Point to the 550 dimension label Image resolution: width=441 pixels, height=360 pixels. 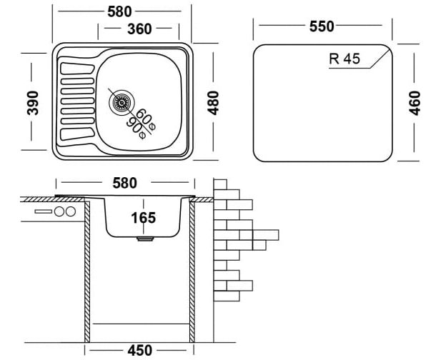[322, 26]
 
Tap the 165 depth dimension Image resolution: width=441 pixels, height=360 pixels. [143, 217]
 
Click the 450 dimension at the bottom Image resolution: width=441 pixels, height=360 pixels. [139, 350]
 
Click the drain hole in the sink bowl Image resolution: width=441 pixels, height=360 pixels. [122, 102]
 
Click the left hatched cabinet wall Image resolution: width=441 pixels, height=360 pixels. [87, 271]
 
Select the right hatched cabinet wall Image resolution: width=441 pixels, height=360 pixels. [192, 271]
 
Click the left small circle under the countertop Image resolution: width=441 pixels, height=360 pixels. [59, 212]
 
